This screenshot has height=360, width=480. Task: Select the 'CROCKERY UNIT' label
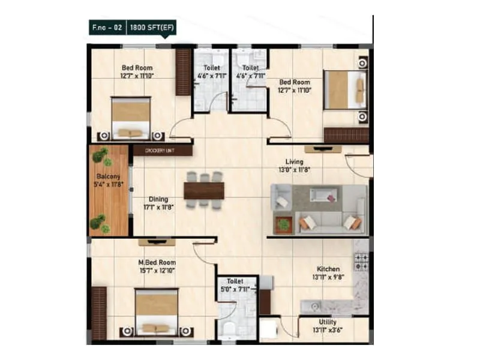pyautogui.click(x=162, y=150)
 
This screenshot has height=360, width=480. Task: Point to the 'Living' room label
pyautogui.click(x=294, y=162)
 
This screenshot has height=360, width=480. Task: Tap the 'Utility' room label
pyautogui.click(x=328, y=322)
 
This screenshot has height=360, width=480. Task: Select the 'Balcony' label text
pyautogui.click(x=109, y=176)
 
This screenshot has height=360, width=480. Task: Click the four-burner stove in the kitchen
pyautogui.click(x=361, y=262)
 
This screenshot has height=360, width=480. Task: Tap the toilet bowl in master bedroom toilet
pyautogui.click(x=229, y=329)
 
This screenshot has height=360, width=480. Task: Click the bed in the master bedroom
pyautogui.click(x=156, y=312)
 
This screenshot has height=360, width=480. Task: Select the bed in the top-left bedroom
pyautogui.click(x=131, y=118)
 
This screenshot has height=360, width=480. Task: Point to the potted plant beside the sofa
pyautogui.click(x=283, y=224)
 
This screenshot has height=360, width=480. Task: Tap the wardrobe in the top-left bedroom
pyautogui.click(x=183, y=72)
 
